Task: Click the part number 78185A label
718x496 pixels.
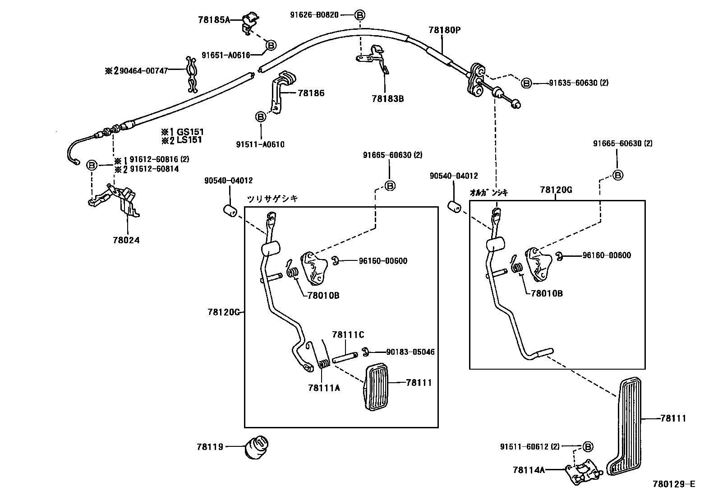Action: (214, 19)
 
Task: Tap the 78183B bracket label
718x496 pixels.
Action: (387, 98)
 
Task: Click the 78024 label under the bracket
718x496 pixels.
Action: (126, 241)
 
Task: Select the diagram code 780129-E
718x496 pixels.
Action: (674, 484)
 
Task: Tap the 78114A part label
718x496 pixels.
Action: (529, 470)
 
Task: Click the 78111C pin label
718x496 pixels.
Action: (348, 335)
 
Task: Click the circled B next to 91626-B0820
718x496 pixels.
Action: (359, 15)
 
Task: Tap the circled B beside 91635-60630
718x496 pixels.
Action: (526, 83)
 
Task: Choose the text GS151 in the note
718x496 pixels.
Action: (190, 132)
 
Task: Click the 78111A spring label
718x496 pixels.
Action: (324, 387)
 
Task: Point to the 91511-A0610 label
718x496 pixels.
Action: (260, 145)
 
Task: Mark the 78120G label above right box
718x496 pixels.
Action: (556, 190)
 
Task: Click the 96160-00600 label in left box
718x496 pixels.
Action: (383, 261)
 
